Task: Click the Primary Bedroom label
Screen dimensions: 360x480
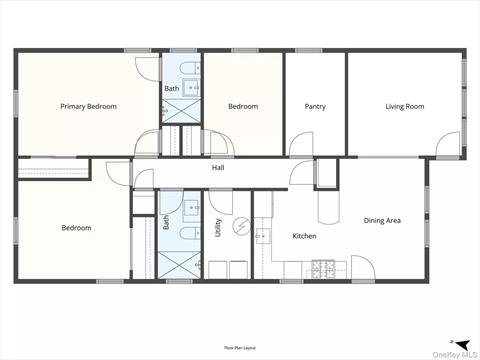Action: [88, 106]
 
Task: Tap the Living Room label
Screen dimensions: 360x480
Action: [405, 106]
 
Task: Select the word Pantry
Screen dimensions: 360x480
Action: [315, 106]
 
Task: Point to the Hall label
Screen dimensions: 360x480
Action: [217, 168]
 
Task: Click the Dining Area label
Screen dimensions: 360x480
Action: [382, 220]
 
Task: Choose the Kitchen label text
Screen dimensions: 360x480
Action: [304, 236]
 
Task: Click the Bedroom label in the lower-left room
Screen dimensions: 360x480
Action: [76, 228]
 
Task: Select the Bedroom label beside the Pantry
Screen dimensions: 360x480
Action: [243, 106]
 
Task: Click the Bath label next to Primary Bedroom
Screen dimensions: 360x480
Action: [171, 89]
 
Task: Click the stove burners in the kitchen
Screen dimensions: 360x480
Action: [324, 267]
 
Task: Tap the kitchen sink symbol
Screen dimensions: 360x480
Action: [263, 237]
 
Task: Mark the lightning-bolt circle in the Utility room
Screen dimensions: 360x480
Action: [241, 227]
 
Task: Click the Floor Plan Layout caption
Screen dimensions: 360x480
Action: [240, 345]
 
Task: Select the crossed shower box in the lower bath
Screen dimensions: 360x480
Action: [180, 265]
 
